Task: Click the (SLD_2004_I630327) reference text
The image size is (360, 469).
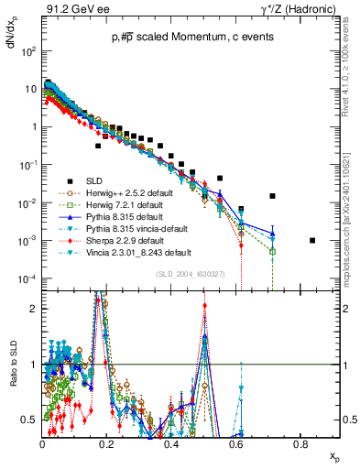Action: click(191, 274)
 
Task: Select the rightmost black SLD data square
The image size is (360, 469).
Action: click(313, 241)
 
